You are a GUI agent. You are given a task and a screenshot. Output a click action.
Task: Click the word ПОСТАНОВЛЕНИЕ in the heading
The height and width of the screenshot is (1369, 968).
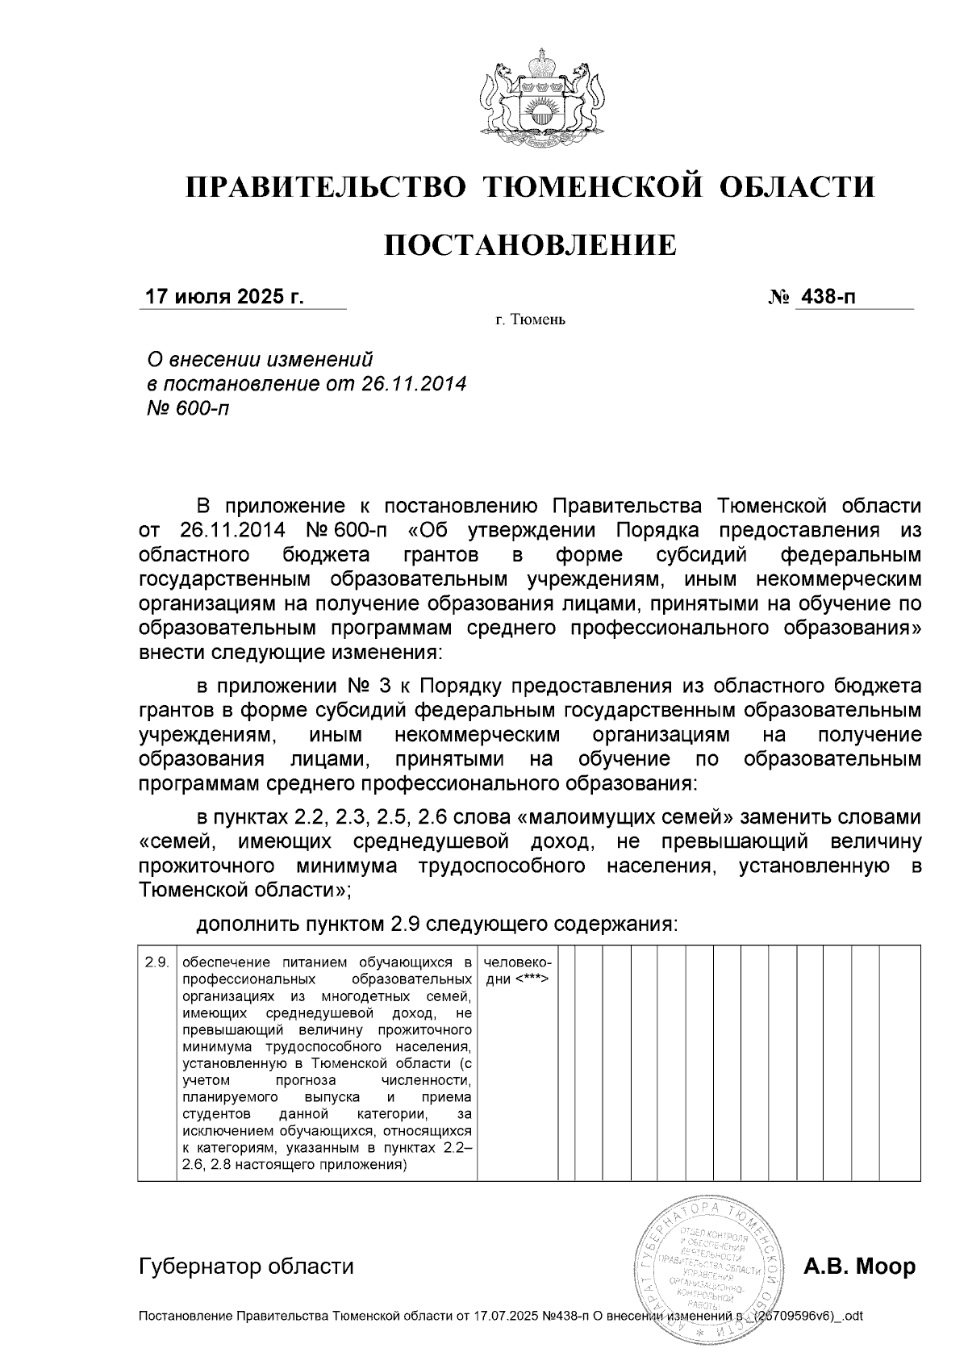(x=529, y=244)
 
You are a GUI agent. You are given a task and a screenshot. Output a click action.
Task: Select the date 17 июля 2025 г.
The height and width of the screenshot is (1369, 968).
(x=223, y=297)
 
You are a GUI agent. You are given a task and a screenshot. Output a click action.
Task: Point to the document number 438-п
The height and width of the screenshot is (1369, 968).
(x=826, y=297)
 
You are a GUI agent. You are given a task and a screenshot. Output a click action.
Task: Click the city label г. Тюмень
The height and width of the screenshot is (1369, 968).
(x=530, y=321)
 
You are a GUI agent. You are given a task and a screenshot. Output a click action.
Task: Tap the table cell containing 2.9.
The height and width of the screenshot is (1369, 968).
(x=156, y=962)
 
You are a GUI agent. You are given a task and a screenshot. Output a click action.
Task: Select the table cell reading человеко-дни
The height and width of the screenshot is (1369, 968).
(x=516, y=971)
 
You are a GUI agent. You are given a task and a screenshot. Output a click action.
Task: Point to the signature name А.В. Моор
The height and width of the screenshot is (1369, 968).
(x=859, y=1267)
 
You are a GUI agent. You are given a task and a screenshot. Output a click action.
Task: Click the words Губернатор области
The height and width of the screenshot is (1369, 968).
(x=246, y=1267)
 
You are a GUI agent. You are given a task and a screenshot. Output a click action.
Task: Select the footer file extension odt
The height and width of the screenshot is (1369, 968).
(x=853, y=1317)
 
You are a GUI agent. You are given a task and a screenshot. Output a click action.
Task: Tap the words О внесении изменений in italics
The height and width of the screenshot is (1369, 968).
(x=258, y=358)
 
